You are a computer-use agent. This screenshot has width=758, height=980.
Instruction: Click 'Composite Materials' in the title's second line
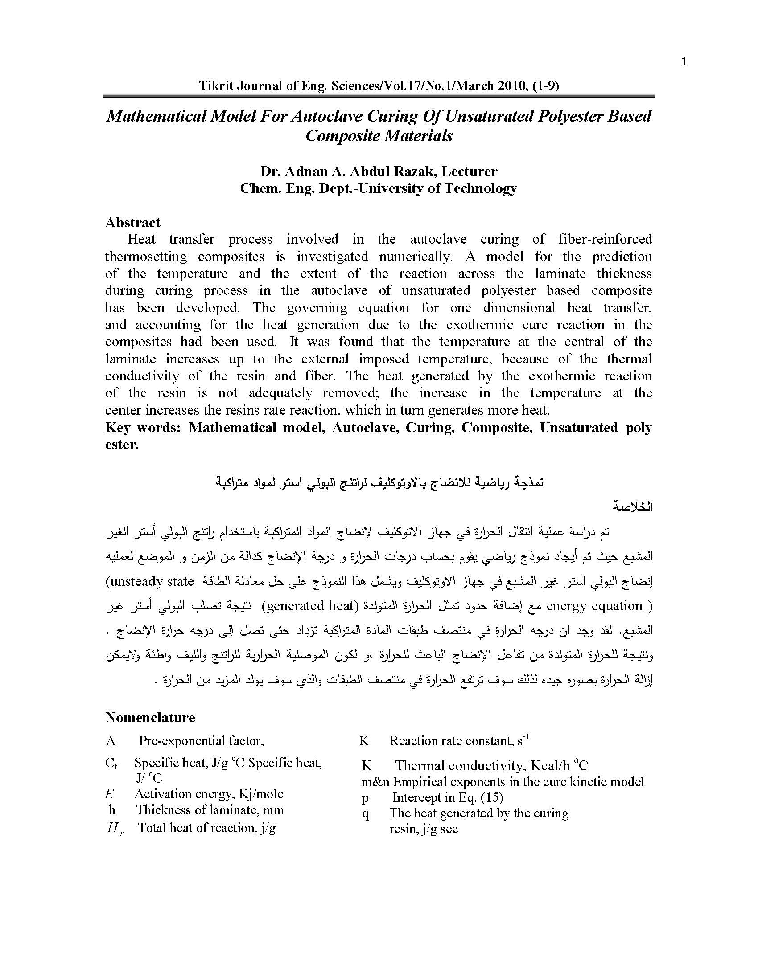click(x=379, y=135)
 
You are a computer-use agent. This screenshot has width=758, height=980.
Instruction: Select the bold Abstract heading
click(x=132, y=223)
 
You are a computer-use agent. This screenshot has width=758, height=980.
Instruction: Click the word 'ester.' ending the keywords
click(x=122, y=445)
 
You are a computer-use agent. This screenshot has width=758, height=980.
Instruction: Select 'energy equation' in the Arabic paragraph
click(x=594, y=606)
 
